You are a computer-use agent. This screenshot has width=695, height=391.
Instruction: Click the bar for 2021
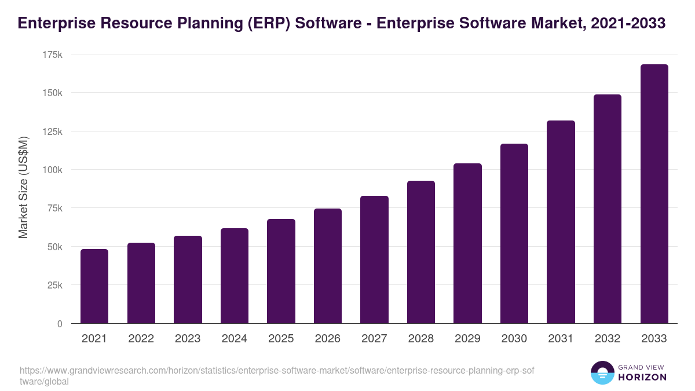point(94,286)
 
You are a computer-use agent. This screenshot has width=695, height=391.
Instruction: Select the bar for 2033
point(654,194)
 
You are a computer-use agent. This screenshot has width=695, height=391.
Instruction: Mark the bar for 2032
point(608,209)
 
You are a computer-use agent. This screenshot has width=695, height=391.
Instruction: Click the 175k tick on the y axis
point(53,54)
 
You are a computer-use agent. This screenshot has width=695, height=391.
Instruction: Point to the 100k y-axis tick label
point(53,170)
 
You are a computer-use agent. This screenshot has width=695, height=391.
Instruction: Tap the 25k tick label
point(55,285)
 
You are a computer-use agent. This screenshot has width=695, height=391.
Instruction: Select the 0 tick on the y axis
point(60,324)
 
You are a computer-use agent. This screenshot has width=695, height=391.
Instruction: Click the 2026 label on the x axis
point(328,339)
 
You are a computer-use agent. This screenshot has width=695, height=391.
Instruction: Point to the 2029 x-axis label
point(467,339)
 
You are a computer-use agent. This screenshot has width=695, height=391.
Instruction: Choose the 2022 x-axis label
point(141,339)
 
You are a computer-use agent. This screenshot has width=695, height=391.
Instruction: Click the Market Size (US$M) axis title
point(23,187)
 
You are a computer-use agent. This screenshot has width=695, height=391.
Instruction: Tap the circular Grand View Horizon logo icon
point(602,373)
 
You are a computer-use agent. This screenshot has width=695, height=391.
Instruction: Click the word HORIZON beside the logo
point(642,377)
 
